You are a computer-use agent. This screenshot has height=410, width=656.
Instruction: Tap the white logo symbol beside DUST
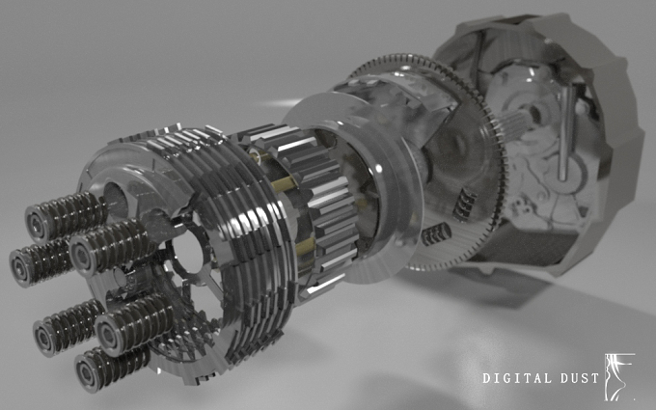pyautogui.click(x=619, y=376)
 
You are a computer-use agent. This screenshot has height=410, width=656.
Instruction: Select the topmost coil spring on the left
pyautogui.click(x=65, y=216)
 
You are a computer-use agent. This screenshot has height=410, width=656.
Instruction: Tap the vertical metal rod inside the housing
pyautogui.click(x=565, y=133)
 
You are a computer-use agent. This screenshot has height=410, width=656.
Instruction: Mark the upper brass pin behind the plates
pyautogui.click(x=285, y=183)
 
